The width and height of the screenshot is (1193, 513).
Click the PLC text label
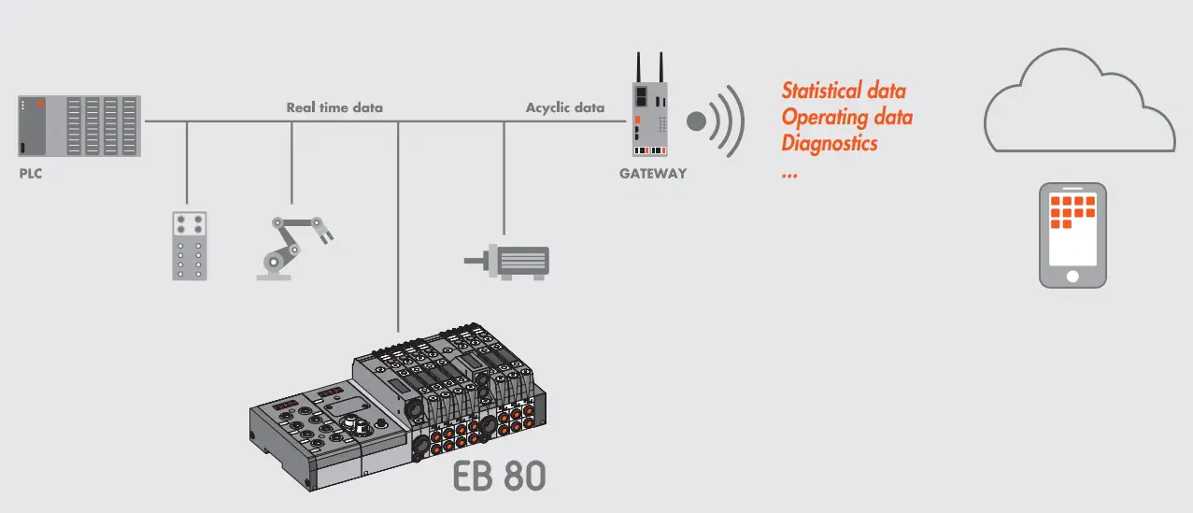click(x=31, y=174)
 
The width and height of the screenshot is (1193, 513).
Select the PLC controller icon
click(x=79, y=125)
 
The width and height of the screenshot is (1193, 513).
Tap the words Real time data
click(x=334, y=107)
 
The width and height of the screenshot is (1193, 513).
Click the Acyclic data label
click(x=564, y=107)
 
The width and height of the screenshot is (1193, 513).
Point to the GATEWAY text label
click(x=652, y=174)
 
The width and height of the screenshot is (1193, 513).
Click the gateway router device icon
click(x=651, y=117)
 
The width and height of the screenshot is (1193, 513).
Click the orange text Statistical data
click(x=844, y=92)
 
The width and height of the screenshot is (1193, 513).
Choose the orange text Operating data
click(x=846, y=118)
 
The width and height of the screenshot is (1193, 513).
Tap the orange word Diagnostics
click(x=829, y=144)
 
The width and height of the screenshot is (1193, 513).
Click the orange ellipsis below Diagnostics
click(x=789, y=174)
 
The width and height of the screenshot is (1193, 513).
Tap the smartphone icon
click(x=1072, y=235)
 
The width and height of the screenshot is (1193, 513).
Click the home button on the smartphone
click(x=1072, y=276)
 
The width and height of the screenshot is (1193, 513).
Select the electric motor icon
click(x=510, y=261)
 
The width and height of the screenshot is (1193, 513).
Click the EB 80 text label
click(x=499, y=476)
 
